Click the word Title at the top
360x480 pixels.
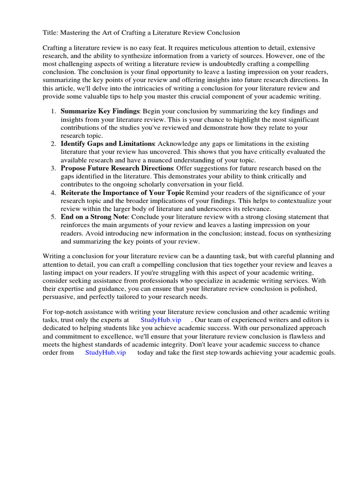point(51,33)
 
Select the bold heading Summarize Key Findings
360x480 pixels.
point(100,111)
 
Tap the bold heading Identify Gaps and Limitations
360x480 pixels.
point(107,143)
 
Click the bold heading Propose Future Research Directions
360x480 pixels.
point(117,168)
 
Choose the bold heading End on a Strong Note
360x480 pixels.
point(94,217)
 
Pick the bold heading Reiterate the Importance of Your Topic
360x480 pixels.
point(122,193)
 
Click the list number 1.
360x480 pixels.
point(53,111)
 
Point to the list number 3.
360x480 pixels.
point(53,168)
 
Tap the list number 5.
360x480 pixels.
point(53,217)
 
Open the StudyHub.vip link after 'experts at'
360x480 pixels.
point(161,320)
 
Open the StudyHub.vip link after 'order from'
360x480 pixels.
point(105,353)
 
